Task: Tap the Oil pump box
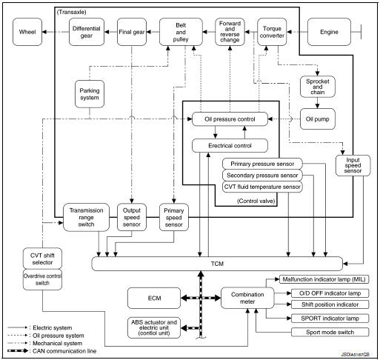(x=316, y=119)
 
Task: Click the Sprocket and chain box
(x=316, y=87)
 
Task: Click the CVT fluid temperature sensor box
(x=261, y=187)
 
